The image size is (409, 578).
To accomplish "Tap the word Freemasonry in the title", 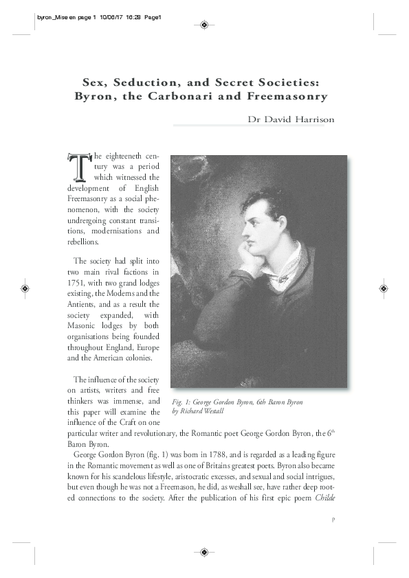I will pos(292,96).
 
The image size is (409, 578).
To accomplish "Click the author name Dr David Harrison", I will pos(291,119).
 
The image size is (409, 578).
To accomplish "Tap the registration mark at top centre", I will pos(204,25).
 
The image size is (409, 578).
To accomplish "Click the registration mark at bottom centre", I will pos(204,551).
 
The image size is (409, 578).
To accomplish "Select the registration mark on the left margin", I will pos(25,288).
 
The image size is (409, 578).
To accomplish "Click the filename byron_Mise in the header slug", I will pos(47,18).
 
